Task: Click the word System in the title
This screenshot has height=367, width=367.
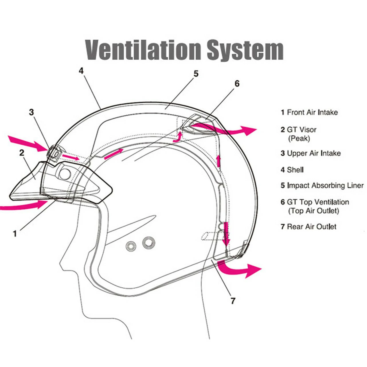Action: point(245,50)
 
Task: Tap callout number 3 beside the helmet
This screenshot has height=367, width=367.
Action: point(32,112)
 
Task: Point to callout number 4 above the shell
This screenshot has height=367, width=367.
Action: point(81,71)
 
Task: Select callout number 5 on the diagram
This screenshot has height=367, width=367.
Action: point(196,74)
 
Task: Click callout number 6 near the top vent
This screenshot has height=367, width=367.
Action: point(237,83)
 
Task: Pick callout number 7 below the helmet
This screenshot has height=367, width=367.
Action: point(233,300)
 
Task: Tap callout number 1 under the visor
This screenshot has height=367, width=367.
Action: point(15,234)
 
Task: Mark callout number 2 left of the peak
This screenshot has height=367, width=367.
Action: point(22,153)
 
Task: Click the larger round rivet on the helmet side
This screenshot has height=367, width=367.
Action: point(149,243)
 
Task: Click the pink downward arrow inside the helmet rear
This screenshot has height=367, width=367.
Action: point(227,234)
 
